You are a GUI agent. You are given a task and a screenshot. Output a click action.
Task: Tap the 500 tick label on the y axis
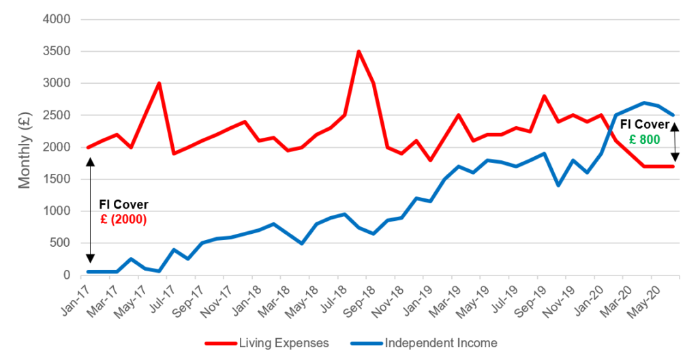[x=60, y=243]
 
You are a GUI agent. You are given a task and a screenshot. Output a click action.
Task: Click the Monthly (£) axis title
[x=25, y=147]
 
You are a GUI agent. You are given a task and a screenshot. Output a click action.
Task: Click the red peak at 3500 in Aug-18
[x=359, y=51]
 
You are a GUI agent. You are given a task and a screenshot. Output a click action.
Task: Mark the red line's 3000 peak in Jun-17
[x=159, y=83]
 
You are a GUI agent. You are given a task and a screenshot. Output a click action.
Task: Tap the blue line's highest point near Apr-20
[x=644, y=103]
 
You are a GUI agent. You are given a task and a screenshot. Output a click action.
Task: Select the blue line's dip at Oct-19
[x=559, y=185]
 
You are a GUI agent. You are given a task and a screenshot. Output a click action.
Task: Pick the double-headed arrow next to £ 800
[x=675, y=142]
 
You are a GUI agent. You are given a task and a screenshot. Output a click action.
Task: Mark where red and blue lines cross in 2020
[x=609, y=127]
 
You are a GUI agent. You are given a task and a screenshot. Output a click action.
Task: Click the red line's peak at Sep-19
[x=544, y=96]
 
